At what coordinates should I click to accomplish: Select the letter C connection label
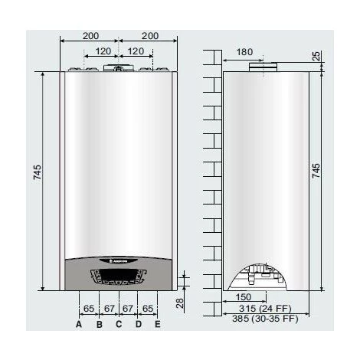[x=118, y=324]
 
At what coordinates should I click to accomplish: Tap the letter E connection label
[x=158, y=324]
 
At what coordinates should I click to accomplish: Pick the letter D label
[x=139, y=324]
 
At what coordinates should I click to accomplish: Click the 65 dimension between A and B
[x=89, y=307]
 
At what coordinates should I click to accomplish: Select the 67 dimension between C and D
[x=129, y=307]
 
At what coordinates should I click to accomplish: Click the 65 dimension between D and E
[x=149, y=307]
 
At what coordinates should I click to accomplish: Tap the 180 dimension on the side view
[x=244, y=52]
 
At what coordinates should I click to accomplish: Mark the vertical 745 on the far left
[x=38, y=174]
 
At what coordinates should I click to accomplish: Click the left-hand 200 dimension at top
[x=90, y=36]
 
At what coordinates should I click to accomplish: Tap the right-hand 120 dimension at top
[x=134, y=52]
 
